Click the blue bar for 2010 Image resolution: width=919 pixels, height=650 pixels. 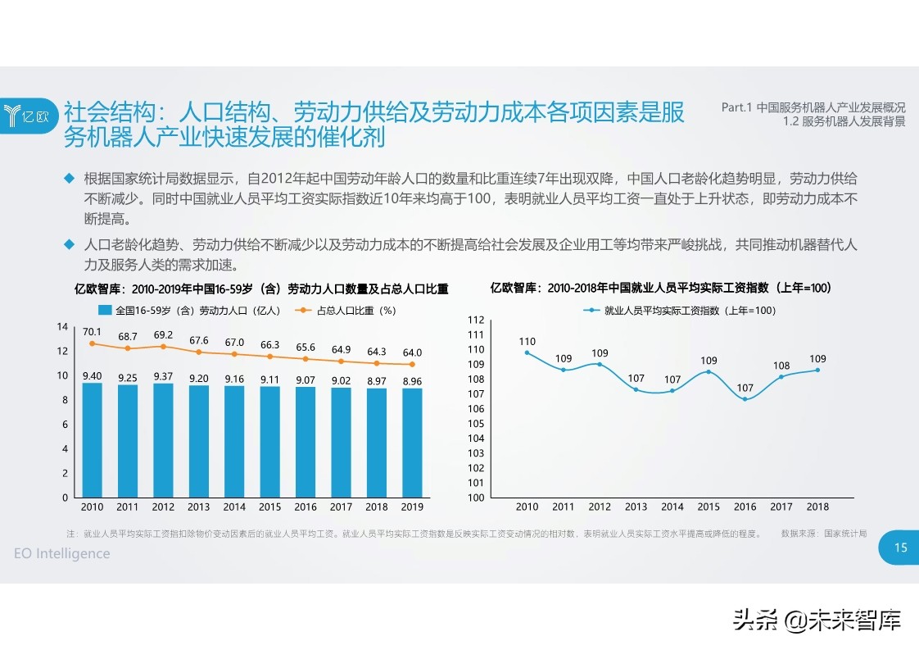pos(93,440)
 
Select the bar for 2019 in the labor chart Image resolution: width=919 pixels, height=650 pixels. pos(412,443)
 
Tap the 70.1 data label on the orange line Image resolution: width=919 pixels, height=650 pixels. pos(93,332)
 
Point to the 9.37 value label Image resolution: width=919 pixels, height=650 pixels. pos(163,376)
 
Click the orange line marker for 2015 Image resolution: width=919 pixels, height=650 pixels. pos(269,357)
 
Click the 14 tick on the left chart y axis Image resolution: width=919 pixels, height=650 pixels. pos(62,327)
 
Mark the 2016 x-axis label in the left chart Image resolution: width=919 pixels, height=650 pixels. pos(306,507)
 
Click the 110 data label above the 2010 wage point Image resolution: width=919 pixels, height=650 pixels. pos(527,342)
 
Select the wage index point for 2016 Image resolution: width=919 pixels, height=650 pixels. pos(744,399)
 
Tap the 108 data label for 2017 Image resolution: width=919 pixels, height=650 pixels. pos(781,366)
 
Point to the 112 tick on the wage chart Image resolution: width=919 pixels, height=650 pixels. pos(476,320)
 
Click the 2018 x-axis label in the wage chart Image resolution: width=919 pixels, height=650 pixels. pos(817,507)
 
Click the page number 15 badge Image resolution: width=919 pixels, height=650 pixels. pos(899,548)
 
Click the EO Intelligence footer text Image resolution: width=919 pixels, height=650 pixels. pos(62,553)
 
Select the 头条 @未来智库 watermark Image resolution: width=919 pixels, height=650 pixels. pos(817,620)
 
